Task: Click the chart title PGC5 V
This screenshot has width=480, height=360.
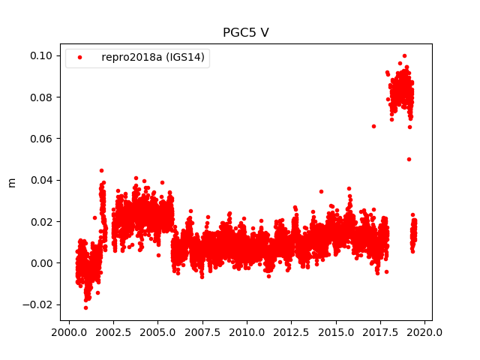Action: [246, 33]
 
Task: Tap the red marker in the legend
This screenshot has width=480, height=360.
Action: [81, 58]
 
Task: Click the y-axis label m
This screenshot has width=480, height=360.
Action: [11, 182]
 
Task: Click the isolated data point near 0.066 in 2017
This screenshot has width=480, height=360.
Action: [373, 126]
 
